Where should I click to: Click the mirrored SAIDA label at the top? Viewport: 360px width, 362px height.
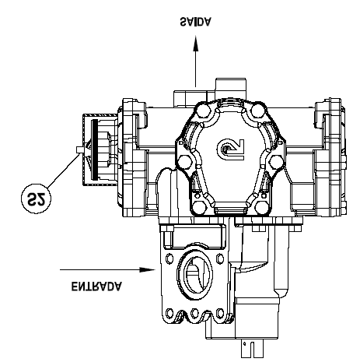pos(196,22)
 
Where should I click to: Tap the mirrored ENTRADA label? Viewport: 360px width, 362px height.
pos(96,286)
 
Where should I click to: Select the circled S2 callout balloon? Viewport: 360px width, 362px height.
pos(36,199)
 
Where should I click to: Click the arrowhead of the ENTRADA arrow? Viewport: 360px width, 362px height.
pos(147,269)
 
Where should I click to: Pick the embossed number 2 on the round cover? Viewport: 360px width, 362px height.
pos(230,149)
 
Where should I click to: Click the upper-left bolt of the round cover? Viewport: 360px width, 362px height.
pos(204,111)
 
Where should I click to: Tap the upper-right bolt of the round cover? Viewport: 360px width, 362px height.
pos(257,110)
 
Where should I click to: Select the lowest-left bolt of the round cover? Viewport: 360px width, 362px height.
pos(200,208)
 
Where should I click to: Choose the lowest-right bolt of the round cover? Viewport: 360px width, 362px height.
pos(261,208)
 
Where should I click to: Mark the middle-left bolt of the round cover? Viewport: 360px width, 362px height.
pos(185,162)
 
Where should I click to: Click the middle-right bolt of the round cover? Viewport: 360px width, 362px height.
pos(276,161)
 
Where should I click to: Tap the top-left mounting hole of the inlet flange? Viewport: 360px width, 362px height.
pos(170,258)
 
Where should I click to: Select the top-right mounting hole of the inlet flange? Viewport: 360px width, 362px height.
pos(220,258)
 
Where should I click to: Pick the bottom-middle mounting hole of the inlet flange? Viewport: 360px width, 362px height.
pos(194,313)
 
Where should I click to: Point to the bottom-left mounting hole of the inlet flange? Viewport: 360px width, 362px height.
pos(170,313)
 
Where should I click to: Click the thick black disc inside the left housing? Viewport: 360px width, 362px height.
pos(95,149)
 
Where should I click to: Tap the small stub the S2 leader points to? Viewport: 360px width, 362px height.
pos(79,149)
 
